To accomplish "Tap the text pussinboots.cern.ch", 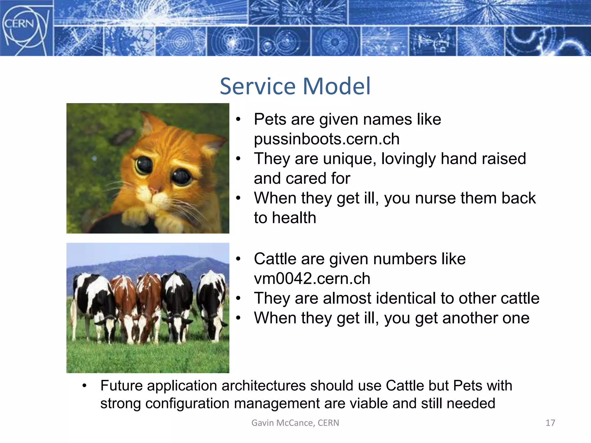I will click(326, 139).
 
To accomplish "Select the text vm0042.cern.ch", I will click(312, 279).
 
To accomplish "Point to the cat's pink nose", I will click(154, 191).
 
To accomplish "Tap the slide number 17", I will click(550, 423).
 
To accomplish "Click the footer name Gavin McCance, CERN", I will click(295, 423).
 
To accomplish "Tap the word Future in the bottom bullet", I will click(121, 386).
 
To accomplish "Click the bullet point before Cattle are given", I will click(238, 259).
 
